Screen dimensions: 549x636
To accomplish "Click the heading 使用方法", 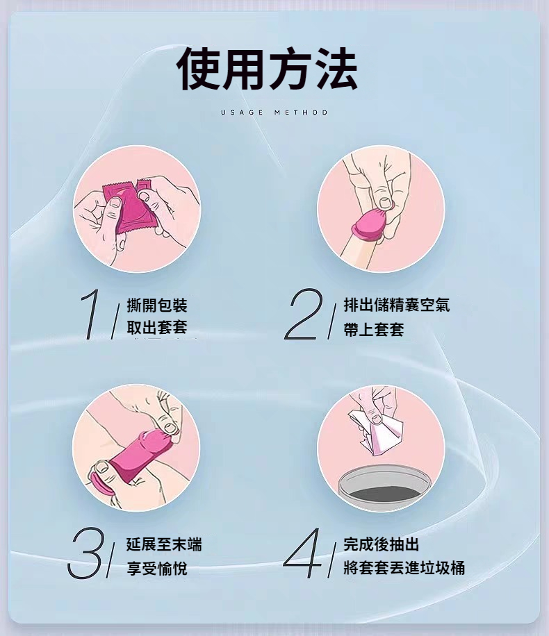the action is pyautogui.click(x=267, y=68).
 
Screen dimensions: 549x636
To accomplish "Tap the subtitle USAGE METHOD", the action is pyautogui.click(x=274, y=112).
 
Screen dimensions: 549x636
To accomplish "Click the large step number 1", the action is pyautogui.click(x=91, y=314).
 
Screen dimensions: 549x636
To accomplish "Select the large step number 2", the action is pyautogui.click(x=303, y=314).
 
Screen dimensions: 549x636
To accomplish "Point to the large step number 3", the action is pyautogui.click(x=86, y=553).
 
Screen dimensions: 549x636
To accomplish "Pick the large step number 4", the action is pyautogui.click(x=302, y=553).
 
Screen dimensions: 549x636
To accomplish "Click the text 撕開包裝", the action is pyautogui.click(x=157, y=306).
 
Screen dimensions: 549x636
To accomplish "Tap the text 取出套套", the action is pyautogui.click(x=157, y=327).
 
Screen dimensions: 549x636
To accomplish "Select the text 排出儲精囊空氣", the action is pyautogui.click(x=397, y=305).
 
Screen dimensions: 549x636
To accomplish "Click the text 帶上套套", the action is pyautogui.click(x=374, y=329).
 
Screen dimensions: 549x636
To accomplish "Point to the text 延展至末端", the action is pyautogui.click(x=164, y=544).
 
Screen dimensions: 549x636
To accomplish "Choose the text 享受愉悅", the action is pyautogui.click(x=157, y=568).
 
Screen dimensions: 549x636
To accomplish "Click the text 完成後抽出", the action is pyautogui.click(x=381, y=544).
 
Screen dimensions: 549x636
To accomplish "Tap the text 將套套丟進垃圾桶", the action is pyautogui.click(x=404, y=568).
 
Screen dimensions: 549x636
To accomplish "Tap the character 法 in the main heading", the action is pyautogui.click(x=336, y=68).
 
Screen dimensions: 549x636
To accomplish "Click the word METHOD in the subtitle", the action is pyautogui.click(x=301, y=112).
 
